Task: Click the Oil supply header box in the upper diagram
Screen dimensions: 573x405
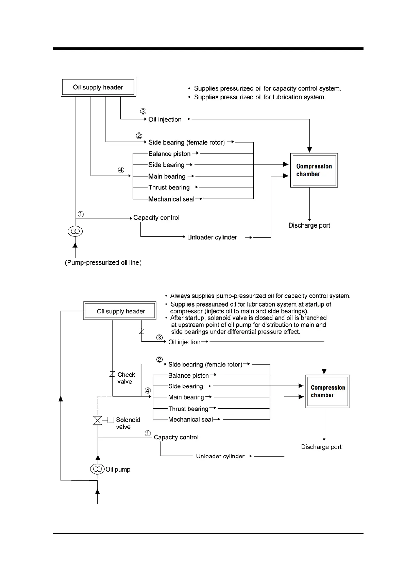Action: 98,87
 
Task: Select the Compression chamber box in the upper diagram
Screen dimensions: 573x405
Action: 314,170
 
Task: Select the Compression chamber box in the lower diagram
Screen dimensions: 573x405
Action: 328,391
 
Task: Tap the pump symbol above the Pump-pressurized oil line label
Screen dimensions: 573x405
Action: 75,232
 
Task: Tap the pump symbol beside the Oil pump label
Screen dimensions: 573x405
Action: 98,469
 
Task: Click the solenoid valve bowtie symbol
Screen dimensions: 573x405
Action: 98,420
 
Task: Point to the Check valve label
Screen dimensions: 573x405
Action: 126,378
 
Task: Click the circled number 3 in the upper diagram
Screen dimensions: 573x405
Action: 143,111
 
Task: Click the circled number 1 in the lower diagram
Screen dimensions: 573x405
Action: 148,433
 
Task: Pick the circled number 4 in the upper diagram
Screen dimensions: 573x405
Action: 121,170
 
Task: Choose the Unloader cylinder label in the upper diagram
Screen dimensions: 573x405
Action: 212,238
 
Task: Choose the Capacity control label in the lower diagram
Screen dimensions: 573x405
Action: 176,437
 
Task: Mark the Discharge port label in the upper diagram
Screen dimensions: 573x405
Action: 309,225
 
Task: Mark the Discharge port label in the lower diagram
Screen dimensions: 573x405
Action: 321,447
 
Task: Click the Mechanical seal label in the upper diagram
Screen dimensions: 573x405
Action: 171,199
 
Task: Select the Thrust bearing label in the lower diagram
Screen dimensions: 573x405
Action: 188,409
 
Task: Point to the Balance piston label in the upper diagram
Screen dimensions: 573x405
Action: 169,154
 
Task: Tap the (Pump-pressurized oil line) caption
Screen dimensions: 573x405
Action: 103,263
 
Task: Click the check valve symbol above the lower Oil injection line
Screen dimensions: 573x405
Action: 142,331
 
